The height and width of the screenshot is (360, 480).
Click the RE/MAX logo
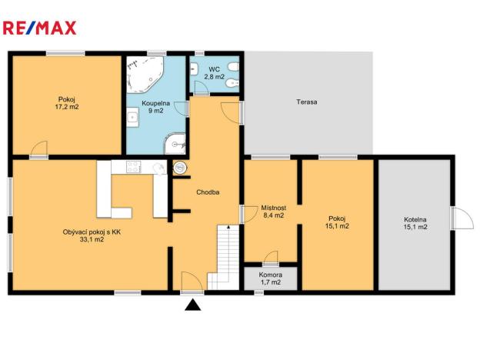tap(39, 28)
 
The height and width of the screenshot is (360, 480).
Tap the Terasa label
tap(306, 102)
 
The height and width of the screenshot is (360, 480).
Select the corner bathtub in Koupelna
tap(145, 75)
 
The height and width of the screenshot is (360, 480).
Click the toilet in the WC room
tap(234, 67)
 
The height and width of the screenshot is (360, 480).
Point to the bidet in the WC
tap(234, 83)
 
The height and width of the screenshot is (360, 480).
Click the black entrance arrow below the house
tap(193, 305)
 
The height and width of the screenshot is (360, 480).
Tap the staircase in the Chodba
tap(224, 258)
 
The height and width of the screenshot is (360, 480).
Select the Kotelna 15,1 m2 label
tap(415, 223)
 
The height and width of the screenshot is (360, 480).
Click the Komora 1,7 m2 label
tap(271, 278)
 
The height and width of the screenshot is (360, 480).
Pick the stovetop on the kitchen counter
tap(134, 167)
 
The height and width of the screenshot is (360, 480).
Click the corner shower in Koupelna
tap(175, 144)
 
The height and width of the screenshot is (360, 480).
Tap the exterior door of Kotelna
tap(462, 218)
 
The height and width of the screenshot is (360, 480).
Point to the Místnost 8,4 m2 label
tap(273, 212)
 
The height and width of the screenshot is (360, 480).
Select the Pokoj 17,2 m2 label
tap(67, 103)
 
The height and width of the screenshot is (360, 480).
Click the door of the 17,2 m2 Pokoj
tap(39, 149)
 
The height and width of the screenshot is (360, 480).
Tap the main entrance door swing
tap(192, 282)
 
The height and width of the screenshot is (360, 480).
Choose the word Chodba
tap(208, 192)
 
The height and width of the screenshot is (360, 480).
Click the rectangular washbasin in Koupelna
tap(132, 117)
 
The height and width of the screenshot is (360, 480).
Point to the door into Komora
tap(271, 258)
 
